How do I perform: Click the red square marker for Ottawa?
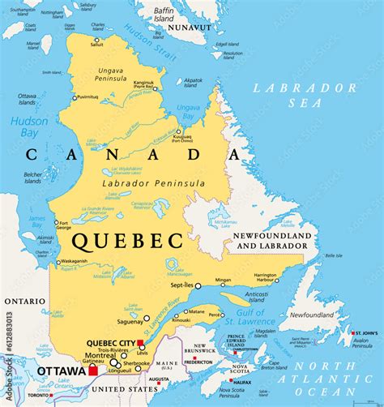pos(93,371)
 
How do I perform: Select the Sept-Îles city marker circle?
pos(198,285)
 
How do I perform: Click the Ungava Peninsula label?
pos(109,75)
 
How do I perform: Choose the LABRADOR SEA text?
pos(304,94)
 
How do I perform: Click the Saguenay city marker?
pos(146,318)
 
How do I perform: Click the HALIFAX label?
pos(241,381)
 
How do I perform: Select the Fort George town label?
pos(62,225)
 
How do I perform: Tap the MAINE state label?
pos(166,362)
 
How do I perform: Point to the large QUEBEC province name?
pos(126,240)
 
